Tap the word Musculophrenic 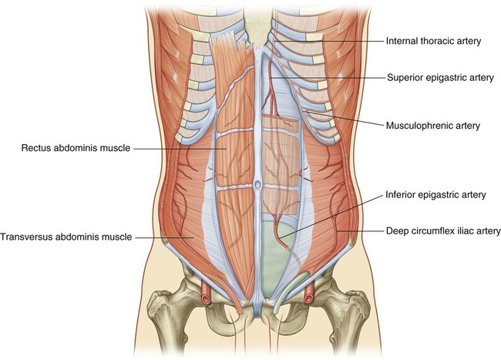tap(409, 125)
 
